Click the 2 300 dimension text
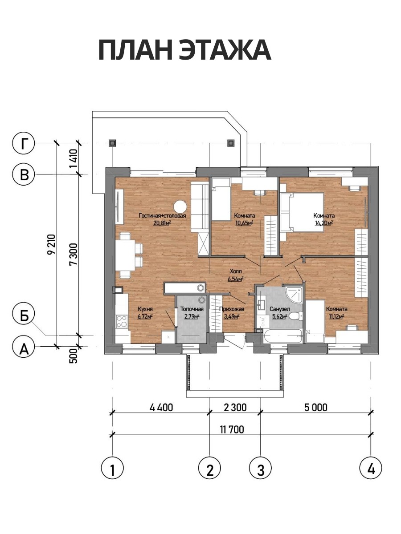[x=235, y=408]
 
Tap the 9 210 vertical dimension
[x=51, y=244]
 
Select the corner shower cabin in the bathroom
[x=294, y=295]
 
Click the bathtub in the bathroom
[x=283, y=336]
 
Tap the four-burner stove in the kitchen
[x=122, y=321]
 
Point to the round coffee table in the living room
[x=180, y=207]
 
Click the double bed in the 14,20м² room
[x=302, y=212]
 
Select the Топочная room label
[x=192, y=309]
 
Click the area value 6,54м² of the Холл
[x=235, y=279]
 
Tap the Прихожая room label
[x=232, y=309]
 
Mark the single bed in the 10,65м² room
[x=221, y=199]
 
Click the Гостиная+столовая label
[x=162, y=215]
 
